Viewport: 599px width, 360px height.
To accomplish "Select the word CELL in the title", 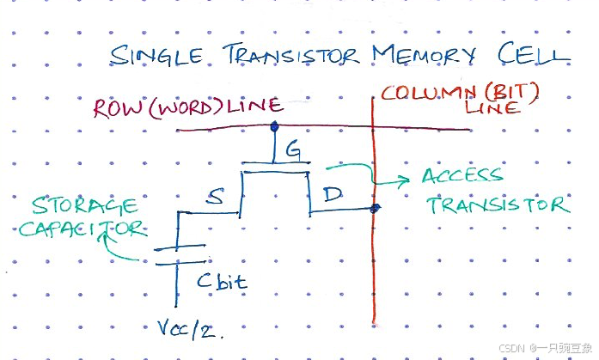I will (x=534, y=53).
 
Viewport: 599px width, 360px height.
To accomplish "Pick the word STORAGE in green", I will (x=84, y=206).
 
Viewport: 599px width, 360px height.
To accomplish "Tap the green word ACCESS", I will (x=461, y=176).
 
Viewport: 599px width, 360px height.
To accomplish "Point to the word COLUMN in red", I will (x=425, y=91).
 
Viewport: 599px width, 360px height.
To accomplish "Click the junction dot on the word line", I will (x=274, y=127).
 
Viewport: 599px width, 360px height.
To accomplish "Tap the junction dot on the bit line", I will (x=375, y=208).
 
